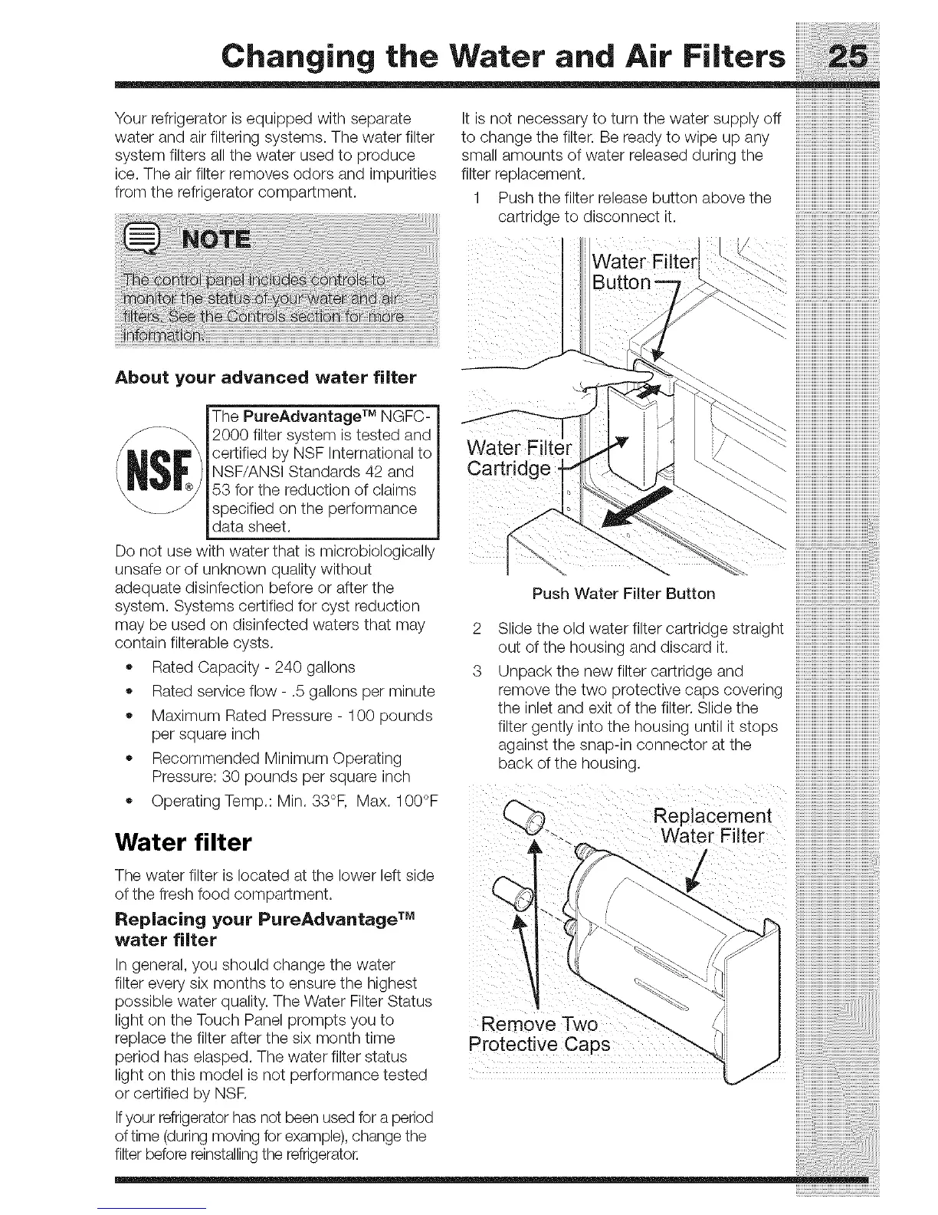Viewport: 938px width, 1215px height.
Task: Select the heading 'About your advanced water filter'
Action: coord(265,377)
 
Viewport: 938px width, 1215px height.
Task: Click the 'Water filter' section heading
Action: coord(182,843)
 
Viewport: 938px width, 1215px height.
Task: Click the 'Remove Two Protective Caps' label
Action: coord(540,1035)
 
